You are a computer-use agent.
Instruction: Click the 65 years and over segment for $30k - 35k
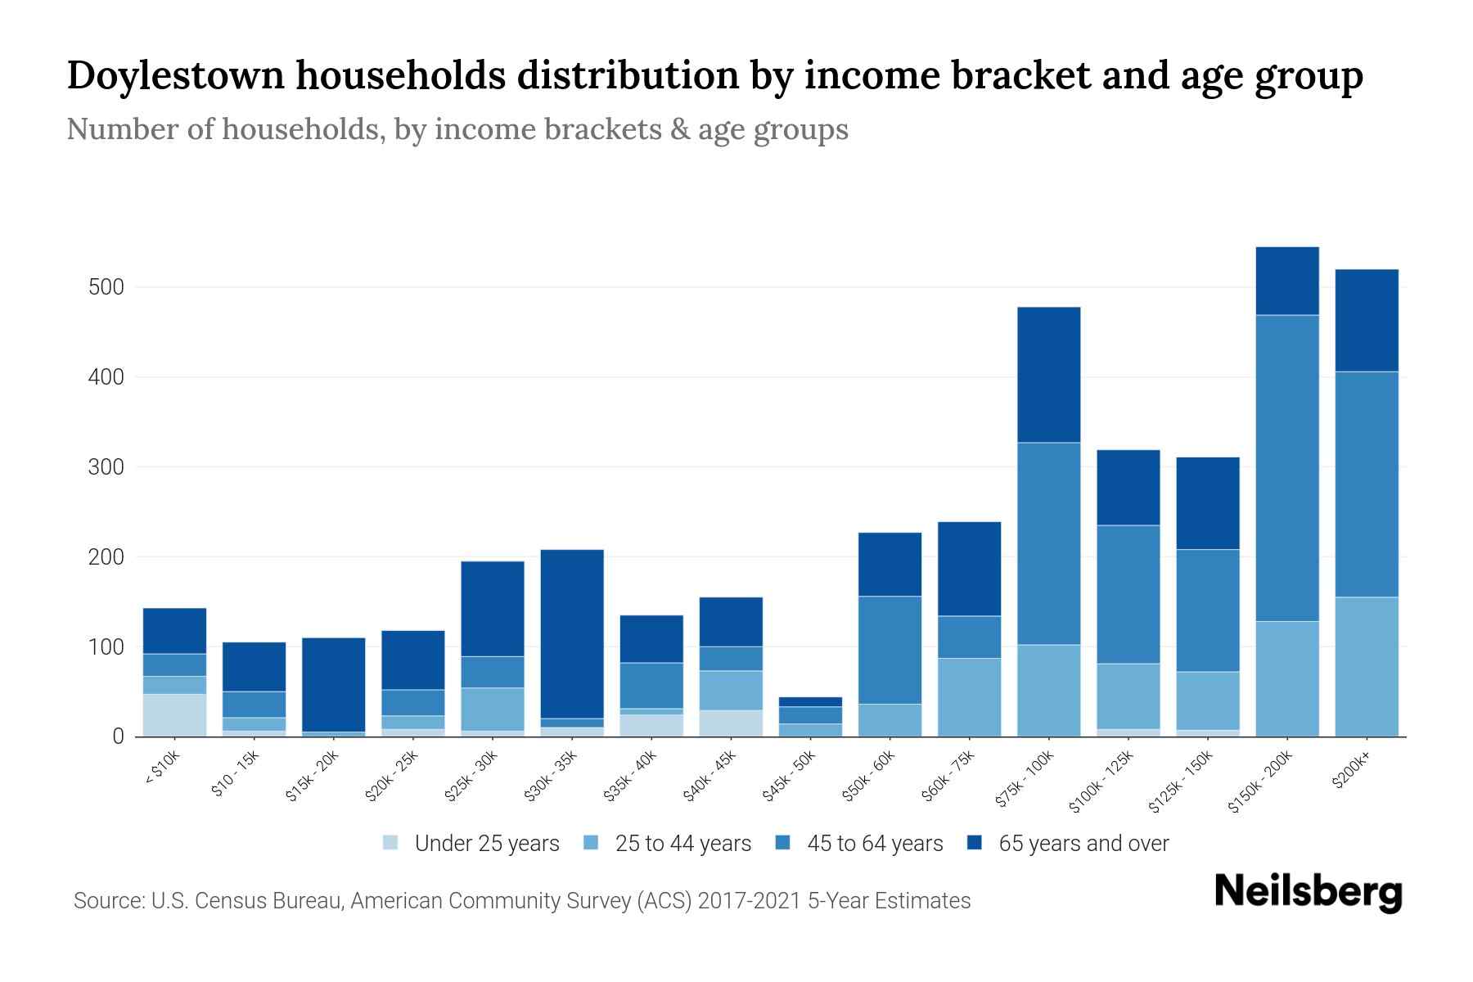572,633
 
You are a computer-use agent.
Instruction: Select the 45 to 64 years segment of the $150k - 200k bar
1287,468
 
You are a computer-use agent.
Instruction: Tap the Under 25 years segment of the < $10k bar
174,715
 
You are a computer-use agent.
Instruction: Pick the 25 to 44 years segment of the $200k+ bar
1367,667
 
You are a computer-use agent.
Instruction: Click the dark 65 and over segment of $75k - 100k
1048,375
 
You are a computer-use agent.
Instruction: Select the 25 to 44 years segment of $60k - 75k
969,697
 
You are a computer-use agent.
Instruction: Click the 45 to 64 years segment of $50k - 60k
890,650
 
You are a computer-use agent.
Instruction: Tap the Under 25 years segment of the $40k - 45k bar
731,723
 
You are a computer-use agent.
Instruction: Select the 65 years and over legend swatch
975,843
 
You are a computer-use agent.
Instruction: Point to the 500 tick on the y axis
107,287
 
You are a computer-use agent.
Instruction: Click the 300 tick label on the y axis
107,467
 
